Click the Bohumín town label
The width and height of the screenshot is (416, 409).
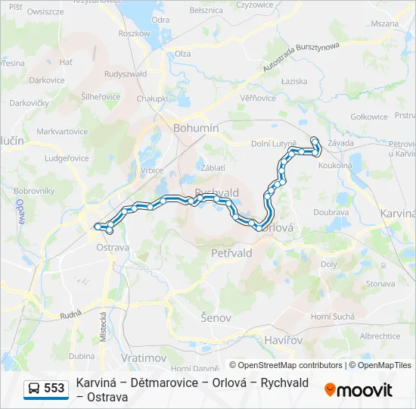pyautogui.click(x=196, y=128)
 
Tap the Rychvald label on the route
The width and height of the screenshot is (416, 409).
pyautogui.click(x=217, y=192)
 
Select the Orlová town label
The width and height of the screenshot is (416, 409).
pyautogui.click(x=277, y=227)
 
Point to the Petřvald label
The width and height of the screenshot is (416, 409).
pyautogui.click(x=232, y=253)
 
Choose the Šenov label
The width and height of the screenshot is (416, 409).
pyautogui.click(x=216, y=317)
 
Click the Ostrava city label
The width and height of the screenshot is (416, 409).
pyautogui.click(x=113, y=247)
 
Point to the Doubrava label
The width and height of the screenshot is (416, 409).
pyautogui.click(x=331, y=212)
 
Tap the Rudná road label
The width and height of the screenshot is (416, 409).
pyautogui.click(x=70, y=314)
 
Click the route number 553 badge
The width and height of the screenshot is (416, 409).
pyautogui.click(x=54, y=389)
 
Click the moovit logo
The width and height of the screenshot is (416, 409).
pyautogui.click(x=358, y=390)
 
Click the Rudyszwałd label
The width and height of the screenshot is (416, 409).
pyautogui.click(x=126, y=73)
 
